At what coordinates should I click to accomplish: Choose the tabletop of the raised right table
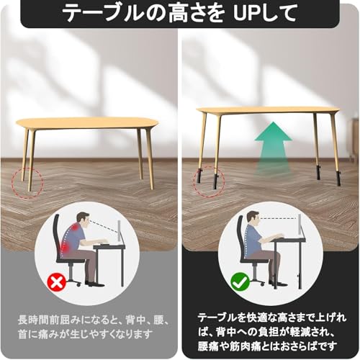pos(267,110)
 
